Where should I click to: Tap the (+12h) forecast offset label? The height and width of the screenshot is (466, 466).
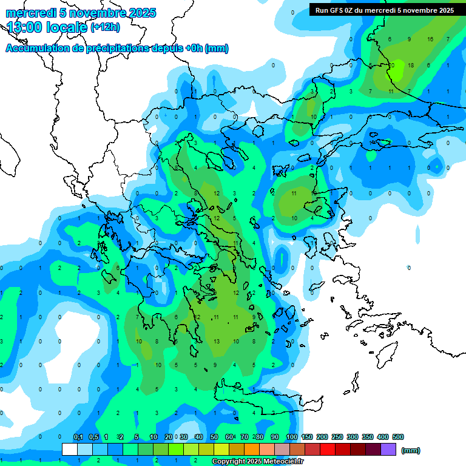(x=105, y=27)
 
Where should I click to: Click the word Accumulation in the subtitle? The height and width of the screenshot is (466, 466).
(x=38, y=49)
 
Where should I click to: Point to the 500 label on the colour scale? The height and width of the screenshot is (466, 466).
(x=398, y=437)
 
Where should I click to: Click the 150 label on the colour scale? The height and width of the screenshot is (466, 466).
(x=307, y=437)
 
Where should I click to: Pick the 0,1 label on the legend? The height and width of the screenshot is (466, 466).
(x=78, y=437)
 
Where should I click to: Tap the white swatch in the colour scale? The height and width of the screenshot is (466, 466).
(x=70, y=449)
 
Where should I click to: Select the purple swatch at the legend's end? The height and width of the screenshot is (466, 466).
(x=388, y=449)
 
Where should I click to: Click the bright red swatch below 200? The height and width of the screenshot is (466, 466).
(x=328, y=449)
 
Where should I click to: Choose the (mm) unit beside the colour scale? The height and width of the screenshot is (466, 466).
(x=411, y=450)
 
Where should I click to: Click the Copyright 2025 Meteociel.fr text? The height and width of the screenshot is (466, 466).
(x=258, y=462)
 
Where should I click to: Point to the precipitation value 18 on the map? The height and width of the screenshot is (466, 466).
(x=411, y=65)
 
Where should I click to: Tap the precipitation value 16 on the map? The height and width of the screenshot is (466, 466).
(x=430, y=39)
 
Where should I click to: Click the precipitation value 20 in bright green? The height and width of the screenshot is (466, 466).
(x=391, y=65)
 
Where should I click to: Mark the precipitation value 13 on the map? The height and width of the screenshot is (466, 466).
(x=217, y=342)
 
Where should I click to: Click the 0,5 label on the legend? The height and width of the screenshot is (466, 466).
(x=93, y=437)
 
